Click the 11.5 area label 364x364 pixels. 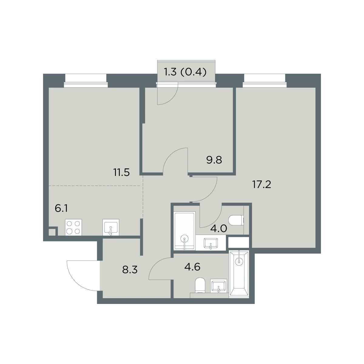point(121,172)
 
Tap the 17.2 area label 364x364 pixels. point(261,184)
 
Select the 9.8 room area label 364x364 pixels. point(214,160)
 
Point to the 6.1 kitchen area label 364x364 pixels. point(61,208)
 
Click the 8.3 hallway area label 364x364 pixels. point(130,270)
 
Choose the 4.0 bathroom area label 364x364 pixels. point(218,229)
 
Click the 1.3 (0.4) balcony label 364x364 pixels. point(185,72)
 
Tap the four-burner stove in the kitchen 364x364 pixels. point(73,227)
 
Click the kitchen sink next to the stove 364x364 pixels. point(111,227)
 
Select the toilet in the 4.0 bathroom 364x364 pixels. point(236,220)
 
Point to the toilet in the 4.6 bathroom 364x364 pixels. point(200,285)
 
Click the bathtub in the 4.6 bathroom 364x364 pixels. point(239,274)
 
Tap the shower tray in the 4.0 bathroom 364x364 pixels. point(184,231)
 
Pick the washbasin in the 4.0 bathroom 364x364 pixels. point(211,243)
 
